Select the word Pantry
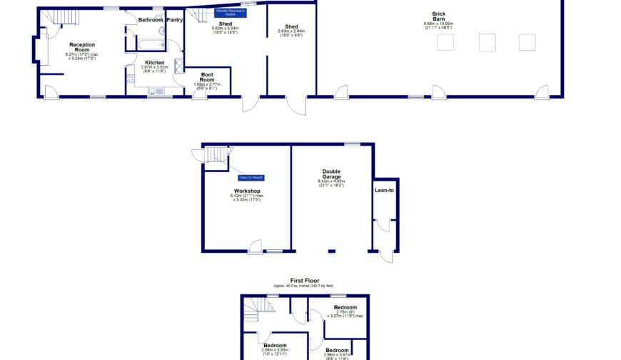point(174,19)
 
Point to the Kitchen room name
point(155,62)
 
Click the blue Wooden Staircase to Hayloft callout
point(231,12)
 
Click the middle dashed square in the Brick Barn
point(488,42)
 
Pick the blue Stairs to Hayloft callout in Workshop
point(251,177)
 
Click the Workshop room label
point(246,191)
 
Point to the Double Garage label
point(331,174)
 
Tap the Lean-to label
point(384,190)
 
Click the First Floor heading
point(305,281)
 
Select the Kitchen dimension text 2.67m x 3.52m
point(155,69)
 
